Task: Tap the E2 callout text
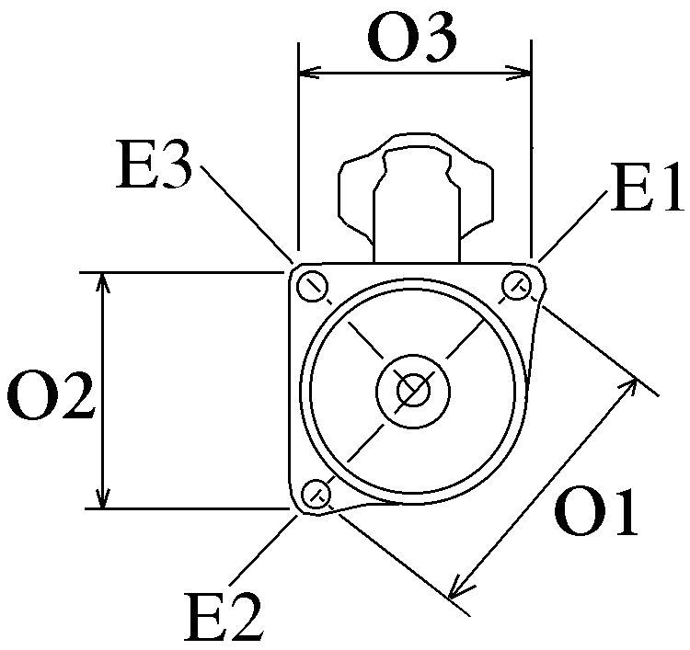click(x=223, y=618)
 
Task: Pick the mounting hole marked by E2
click(x=317, y=494)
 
